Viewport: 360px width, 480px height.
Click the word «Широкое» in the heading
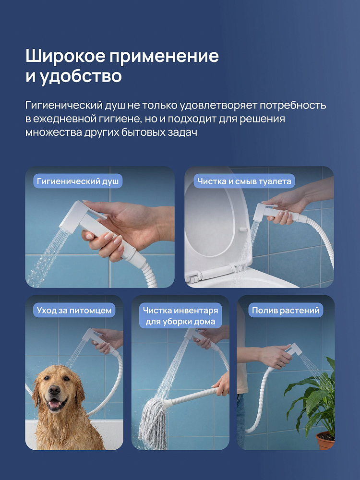[x=65, y=56]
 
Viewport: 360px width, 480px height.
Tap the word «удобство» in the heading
[x=81, y=76]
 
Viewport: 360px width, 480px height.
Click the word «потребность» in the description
[x=293, y=105]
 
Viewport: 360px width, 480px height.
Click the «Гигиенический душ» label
[x=78, y=181]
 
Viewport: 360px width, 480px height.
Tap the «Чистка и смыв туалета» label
[x=244, y=181]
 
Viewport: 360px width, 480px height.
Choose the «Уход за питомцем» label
[x=74, y=311]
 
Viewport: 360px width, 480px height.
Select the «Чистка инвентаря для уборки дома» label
[x=180, y=316]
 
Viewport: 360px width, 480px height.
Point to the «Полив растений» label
[x=285, y=311]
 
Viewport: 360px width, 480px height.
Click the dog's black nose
[x=55, y=390]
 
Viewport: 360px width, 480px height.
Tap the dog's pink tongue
[x=55, y=405]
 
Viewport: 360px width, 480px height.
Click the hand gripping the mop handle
[x=221, y=384]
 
